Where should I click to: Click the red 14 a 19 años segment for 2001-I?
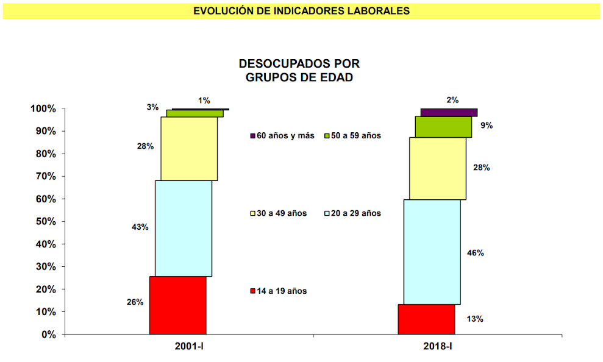(x=177, y=305)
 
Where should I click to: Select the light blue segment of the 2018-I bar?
(x=432, y=252)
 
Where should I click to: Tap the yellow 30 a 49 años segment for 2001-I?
(x=189, y=148)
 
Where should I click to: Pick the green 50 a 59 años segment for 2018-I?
(x=443, y=127)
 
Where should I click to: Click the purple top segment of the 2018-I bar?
(x=449, y=112)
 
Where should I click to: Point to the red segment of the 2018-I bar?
(x=426, y=319)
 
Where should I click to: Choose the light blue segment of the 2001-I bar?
(x=184, y=229)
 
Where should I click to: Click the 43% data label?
(x=140, y=227)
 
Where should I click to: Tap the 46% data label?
(x=475, y=253)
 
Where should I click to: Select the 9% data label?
(x=486, y=126)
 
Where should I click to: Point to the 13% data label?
(x=474, y=319)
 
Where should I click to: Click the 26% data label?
(x=135, y=302)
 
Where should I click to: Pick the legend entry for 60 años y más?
(x=282, y=136)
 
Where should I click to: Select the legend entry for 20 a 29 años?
(x=352, y=213)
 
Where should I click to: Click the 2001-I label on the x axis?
(x=189, y=346)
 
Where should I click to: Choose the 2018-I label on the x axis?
(x=437, y=346)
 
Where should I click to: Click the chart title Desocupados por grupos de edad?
(x=299, y=70)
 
